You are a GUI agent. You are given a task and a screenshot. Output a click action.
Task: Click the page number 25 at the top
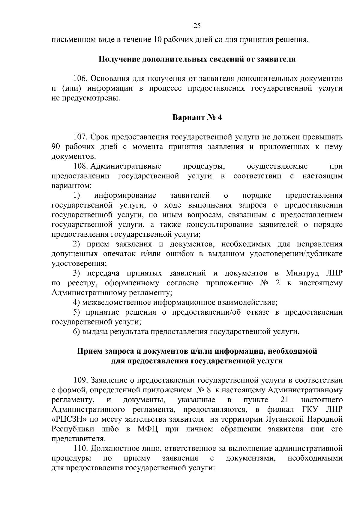pyautogui.click(x=197, y=26)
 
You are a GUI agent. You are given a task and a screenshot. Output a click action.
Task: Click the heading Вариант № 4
pyautogui.click(x=197, y=117)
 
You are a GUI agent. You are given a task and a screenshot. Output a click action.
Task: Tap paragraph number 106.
pyautogui.click(x=80, y=79)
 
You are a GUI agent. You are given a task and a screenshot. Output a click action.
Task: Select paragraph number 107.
pyautogui.click(x=80, y=137)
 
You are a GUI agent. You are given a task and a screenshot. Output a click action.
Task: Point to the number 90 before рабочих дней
pyautogui.click(x=56, y=147)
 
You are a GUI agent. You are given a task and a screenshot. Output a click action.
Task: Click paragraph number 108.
pyautogui.click(x=80, y=166)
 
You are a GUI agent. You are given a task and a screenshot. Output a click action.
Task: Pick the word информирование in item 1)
pyautogui.click(x=125, y=196)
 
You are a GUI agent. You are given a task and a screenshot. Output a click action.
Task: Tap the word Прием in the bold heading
pyautogui.click(x=89, y=351)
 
